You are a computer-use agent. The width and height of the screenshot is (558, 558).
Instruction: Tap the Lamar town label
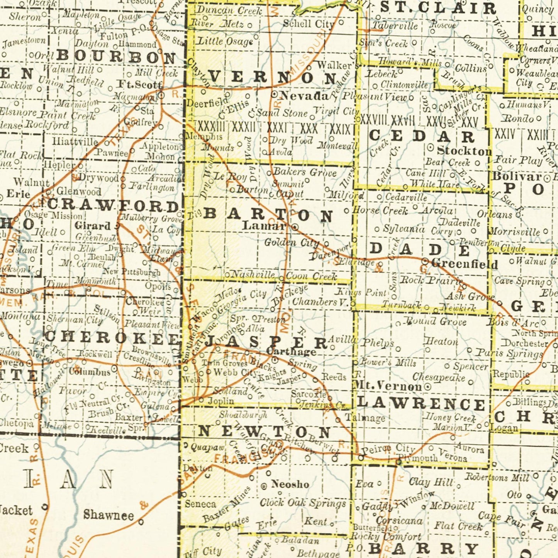(264, 226)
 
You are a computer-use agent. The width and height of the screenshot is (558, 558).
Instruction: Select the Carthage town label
(292, 352)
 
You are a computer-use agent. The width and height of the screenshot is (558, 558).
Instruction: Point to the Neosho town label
(290, 484)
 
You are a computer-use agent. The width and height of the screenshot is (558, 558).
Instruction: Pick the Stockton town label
(464, 151)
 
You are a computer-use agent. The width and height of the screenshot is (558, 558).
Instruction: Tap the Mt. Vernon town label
(388, 386)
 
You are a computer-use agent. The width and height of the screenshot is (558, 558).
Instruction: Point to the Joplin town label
(221, 401)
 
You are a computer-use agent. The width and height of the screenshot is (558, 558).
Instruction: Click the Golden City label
(292, 243)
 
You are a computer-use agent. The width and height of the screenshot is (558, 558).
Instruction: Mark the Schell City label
(308, 24)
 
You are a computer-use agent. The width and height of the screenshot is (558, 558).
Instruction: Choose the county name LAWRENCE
(421, 404)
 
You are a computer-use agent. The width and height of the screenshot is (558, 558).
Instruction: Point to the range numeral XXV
(470, 123)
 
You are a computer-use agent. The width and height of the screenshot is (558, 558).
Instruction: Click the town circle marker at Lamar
(295, 227)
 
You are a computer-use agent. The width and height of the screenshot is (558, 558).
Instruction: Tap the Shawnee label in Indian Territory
(109, 515)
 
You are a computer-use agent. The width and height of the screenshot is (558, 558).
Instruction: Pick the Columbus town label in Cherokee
(90, 372)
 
